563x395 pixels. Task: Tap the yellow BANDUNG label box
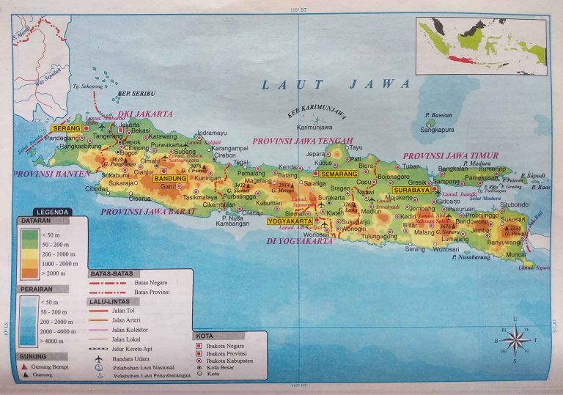click(172, 178)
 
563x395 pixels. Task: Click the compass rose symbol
click(515, 340)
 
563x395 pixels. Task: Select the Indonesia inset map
click(482, 46)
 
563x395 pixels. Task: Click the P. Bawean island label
click(438, 115)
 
